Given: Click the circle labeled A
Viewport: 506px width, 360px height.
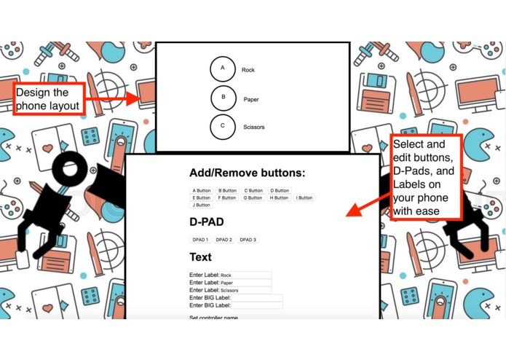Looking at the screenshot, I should point(223,69).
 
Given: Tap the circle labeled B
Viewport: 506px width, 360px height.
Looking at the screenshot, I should point(223,98).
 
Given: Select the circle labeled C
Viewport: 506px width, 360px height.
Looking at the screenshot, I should point(223,126).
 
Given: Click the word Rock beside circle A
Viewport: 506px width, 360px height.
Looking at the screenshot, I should point(248,70).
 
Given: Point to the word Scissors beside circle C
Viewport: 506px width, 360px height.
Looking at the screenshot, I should point(254,127).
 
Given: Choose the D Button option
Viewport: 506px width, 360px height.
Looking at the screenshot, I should point(280,190).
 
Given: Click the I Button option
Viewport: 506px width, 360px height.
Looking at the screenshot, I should point(304,197).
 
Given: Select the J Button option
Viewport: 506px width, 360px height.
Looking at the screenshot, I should point(202,205).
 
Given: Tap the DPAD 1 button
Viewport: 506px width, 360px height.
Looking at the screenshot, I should point(200,240).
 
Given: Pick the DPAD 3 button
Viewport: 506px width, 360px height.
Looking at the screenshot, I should point(248,240).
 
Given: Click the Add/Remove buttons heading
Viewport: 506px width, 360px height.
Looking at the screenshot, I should point(247,173).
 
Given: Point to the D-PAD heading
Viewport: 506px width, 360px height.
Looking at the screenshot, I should point(207,222).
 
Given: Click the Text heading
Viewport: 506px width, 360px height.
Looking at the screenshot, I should point(200,257).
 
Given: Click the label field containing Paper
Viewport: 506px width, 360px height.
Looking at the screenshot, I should point(245,283).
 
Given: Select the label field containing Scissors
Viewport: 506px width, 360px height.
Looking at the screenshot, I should point(245,290).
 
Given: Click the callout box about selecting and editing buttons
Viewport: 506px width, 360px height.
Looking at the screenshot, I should point(426,177).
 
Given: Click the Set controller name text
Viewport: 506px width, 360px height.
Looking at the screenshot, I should point(213,318).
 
